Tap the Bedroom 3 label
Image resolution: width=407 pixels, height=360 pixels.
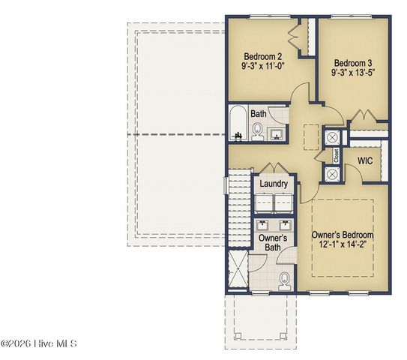pos(352,62)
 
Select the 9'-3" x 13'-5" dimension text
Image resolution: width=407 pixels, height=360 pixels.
pos(352,73)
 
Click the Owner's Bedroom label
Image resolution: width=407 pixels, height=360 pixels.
pos(342,235)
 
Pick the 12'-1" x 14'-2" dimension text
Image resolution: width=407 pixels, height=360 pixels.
pos(342,245)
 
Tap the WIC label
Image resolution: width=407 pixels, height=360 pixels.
pos(365,161)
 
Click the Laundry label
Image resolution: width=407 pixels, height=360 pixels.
pos(274,184)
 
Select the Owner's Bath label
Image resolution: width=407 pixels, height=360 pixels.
pos(273,243)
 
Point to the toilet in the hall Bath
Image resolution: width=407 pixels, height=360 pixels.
pos(257,133)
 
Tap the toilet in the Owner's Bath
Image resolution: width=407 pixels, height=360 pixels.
pos(284,281)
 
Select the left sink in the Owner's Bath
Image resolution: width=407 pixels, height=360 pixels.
pos(263,224)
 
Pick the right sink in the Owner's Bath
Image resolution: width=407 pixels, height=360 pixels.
pos(285,224)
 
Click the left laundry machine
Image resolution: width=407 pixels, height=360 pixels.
pos(265,204)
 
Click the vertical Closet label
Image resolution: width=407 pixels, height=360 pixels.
pos(337,156)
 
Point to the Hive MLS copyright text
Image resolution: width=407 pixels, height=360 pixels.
pos(39,344)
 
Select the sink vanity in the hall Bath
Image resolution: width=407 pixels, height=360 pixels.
pos(276,133)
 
